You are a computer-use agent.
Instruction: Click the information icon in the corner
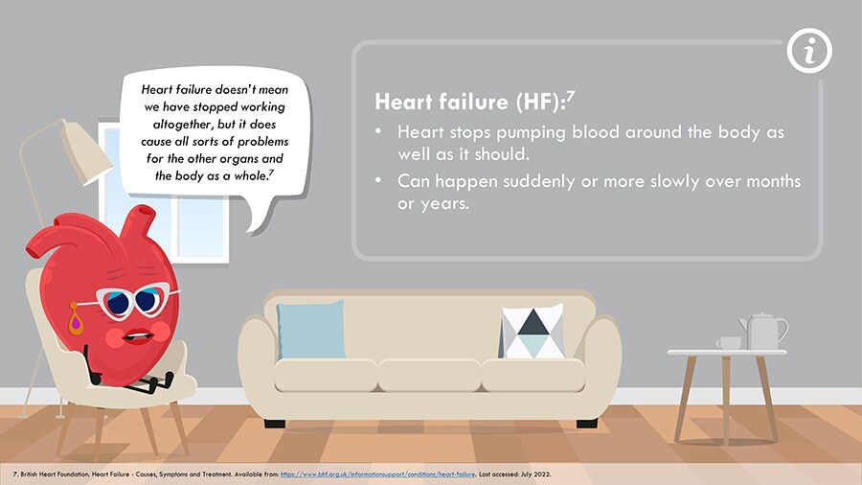[809, 51]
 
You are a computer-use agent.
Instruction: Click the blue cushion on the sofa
[311, 330]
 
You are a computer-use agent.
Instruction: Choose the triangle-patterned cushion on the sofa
[533, 331]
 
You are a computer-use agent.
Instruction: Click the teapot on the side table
[763, 331]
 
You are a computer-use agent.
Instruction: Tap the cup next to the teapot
[729, 343]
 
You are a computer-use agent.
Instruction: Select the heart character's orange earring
[76, 319]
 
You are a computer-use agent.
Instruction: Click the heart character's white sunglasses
[134, 300]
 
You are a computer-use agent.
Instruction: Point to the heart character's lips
[137, 335]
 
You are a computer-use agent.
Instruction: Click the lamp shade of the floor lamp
[86, 152]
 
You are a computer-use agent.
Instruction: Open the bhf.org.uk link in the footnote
[377, 474]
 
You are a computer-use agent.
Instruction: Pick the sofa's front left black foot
[275, 424]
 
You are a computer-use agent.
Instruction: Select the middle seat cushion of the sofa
[429, 375]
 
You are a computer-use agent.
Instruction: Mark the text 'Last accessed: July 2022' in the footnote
[515, 474]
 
